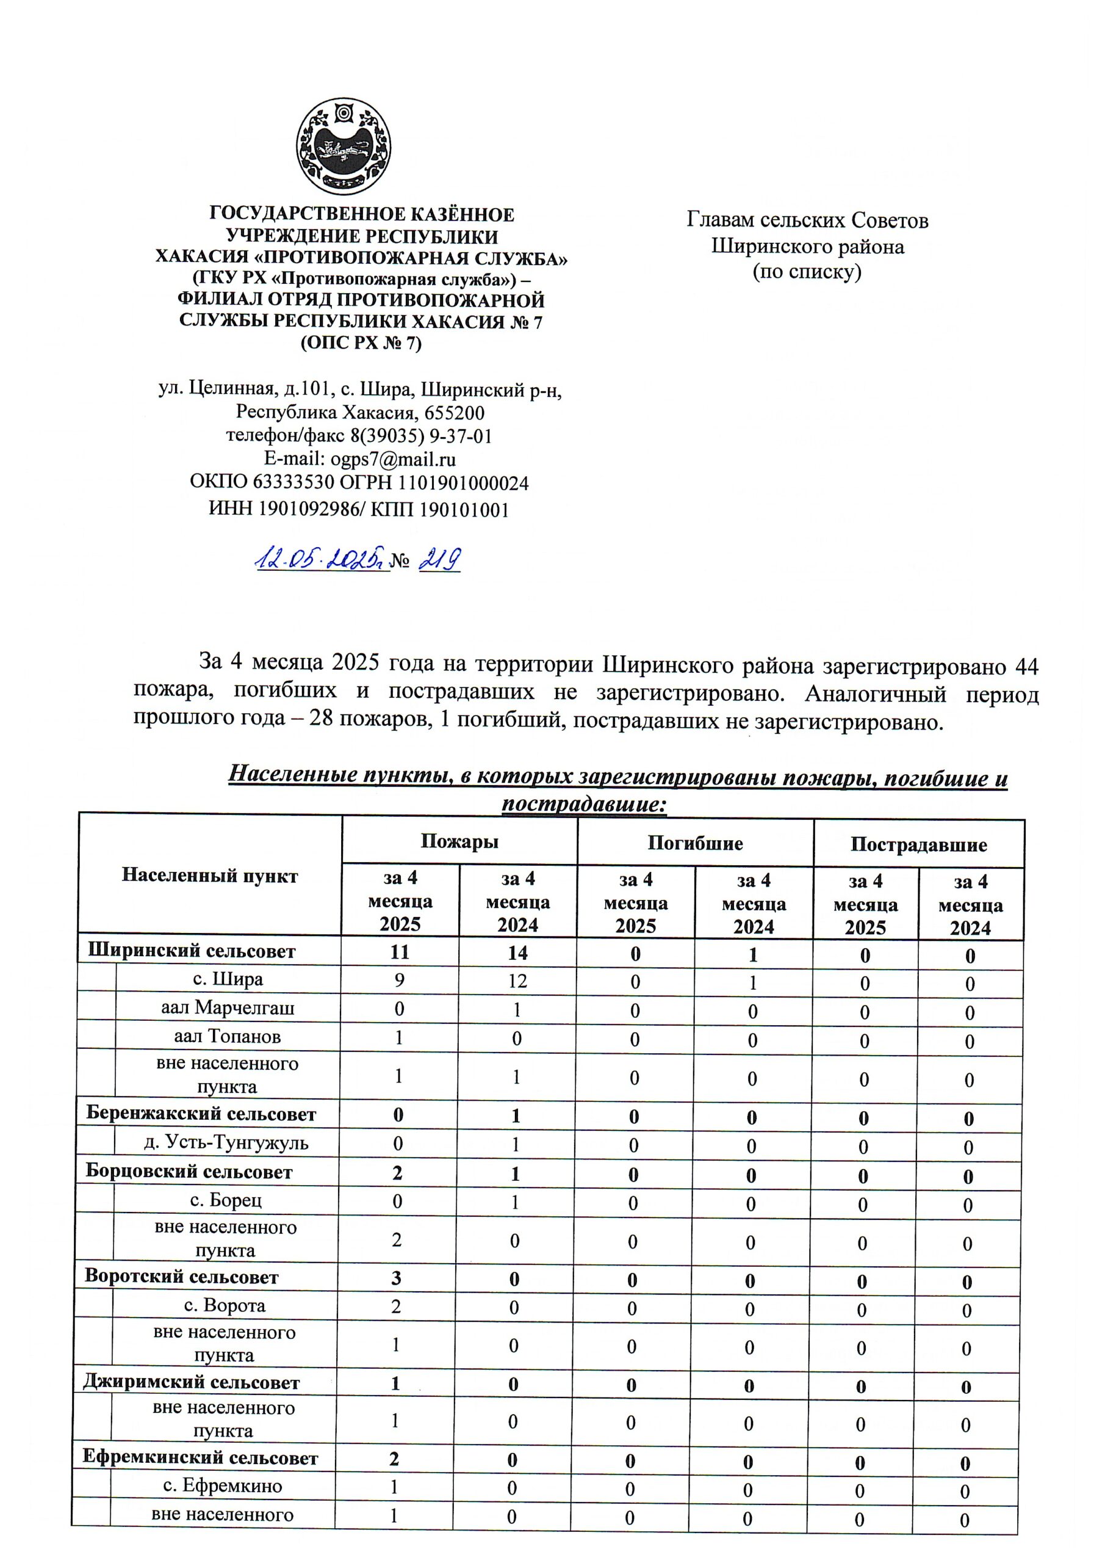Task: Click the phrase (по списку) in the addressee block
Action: (x=807, y=272)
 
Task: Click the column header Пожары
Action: (x=459, y=841)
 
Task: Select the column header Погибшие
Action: (x=695, y=843)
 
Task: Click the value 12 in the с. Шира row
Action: (x=517, y=981)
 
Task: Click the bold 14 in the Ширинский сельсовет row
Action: (x=517, y=952)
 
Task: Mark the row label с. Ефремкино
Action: (x=223, y=1486)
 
